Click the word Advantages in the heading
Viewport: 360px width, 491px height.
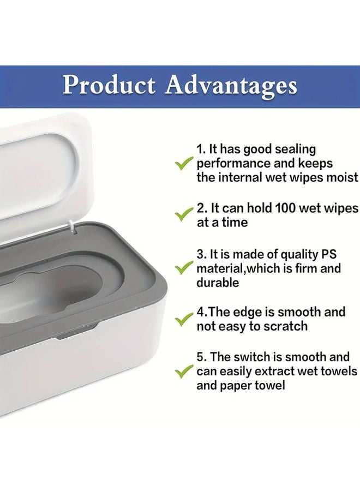pos(231,86)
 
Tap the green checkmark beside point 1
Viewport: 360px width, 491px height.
pos(183,163)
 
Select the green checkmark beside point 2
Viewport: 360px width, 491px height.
pos(183,214)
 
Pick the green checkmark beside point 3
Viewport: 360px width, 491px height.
pos(183,268)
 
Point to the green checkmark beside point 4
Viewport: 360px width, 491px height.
pos(183,319)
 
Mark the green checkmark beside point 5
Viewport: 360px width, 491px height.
pos(183,372)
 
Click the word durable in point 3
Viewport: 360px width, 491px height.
pos(218,283)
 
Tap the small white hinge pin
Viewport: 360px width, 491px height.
pos(71,223)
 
